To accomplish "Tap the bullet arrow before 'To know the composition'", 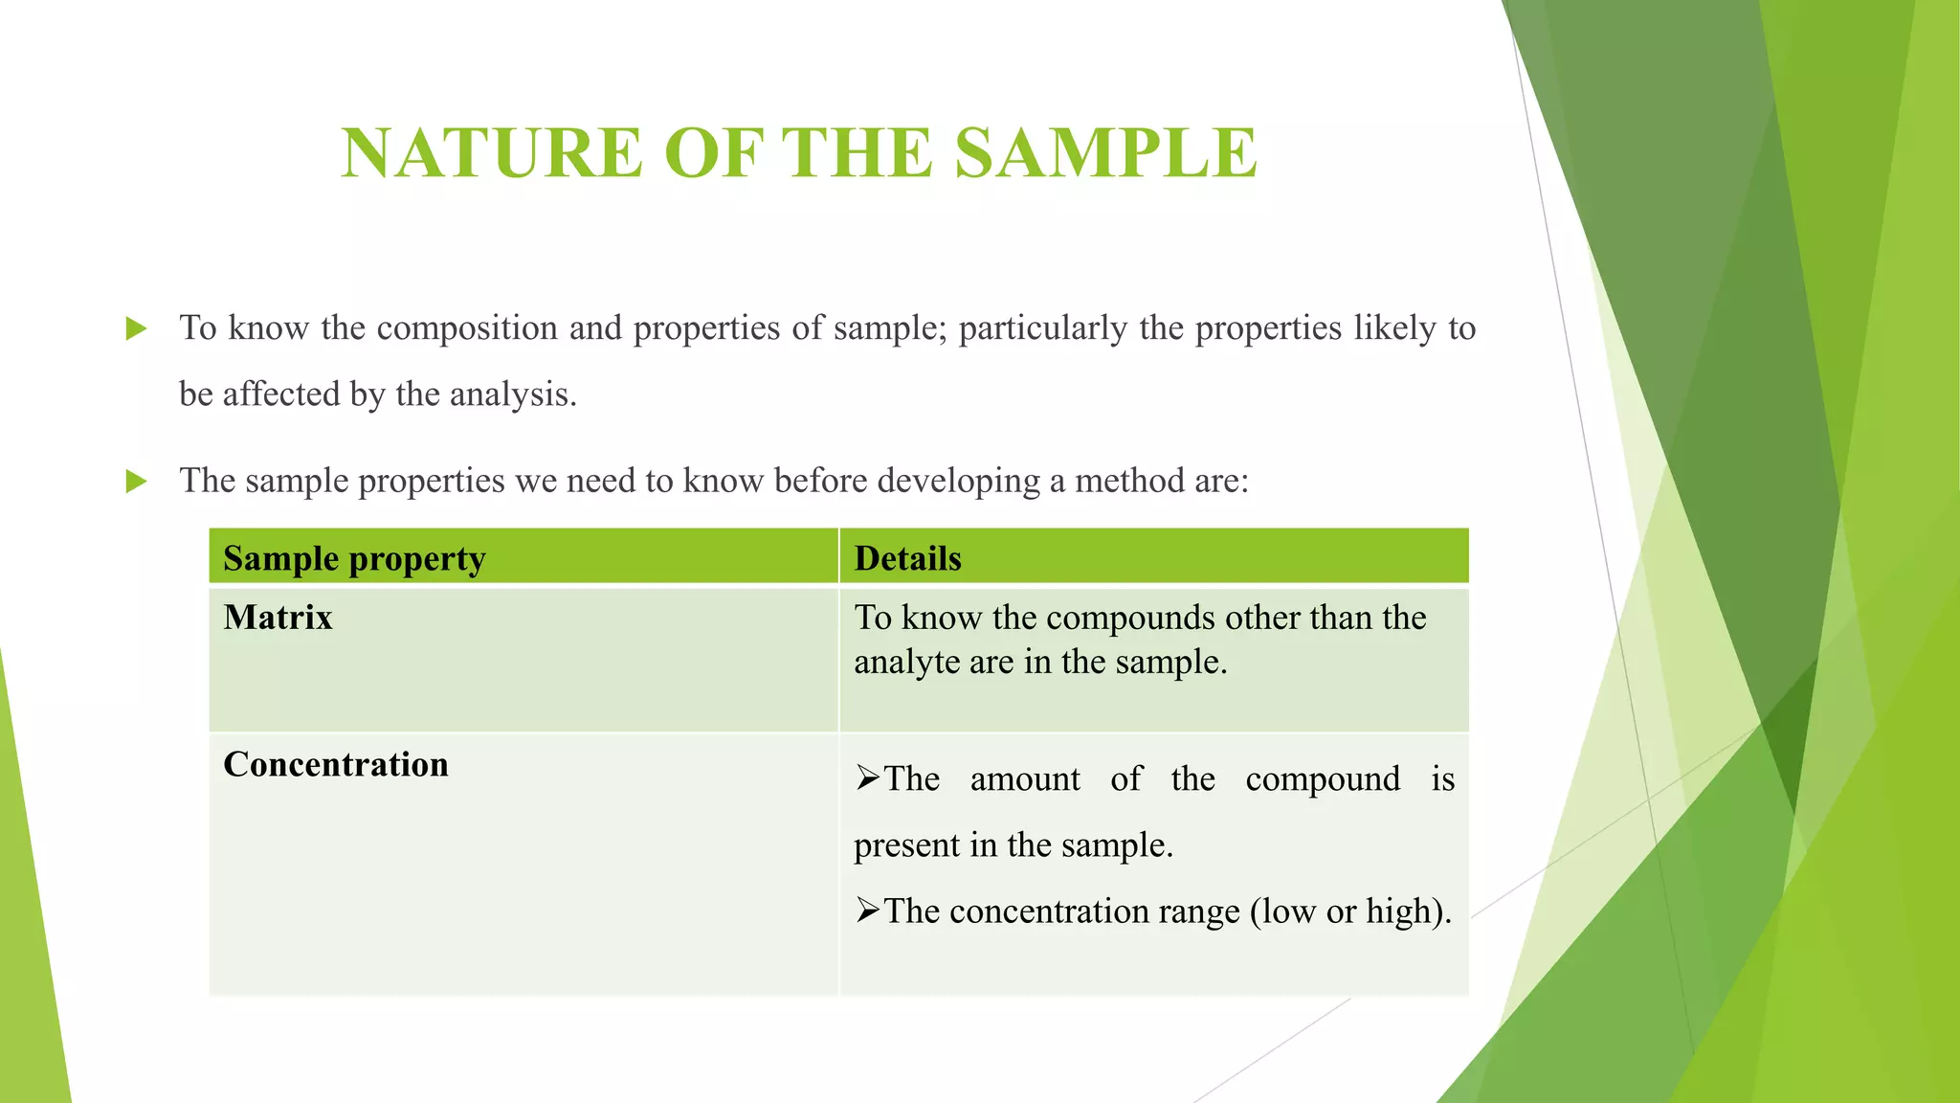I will pos(137,329).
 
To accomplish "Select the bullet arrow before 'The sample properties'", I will pos(137,482).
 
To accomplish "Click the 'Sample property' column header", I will pos(354,558).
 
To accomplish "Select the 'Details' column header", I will pos(907,558).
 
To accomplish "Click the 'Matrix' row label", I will pos(278,618).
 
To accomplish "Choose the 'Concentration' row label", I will pos(336,764).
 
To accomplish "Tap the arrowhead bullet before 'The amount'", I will pos(867,778).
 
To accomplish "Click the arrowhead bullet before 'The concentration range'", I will pos(867,911).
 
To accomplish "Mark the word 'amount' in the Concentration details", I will pos(1025,778).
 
